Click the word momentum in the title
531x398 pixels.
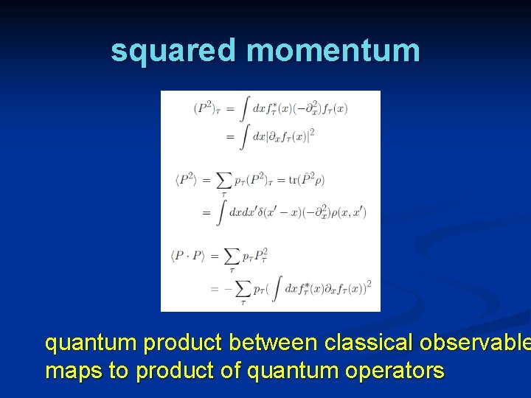pos(333,50)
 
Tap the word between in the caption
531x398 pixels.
pos(277,343)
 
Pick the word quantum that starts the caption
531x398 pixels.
pos(91,343)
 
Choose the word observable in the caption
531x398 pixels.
pos(479,343)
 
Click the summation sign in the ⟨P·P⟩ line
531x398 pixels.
pos(231,256)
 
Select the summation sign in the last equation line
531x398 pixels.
pos(242,287)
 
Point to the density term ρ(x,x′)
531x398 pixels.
pos(347,213)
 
